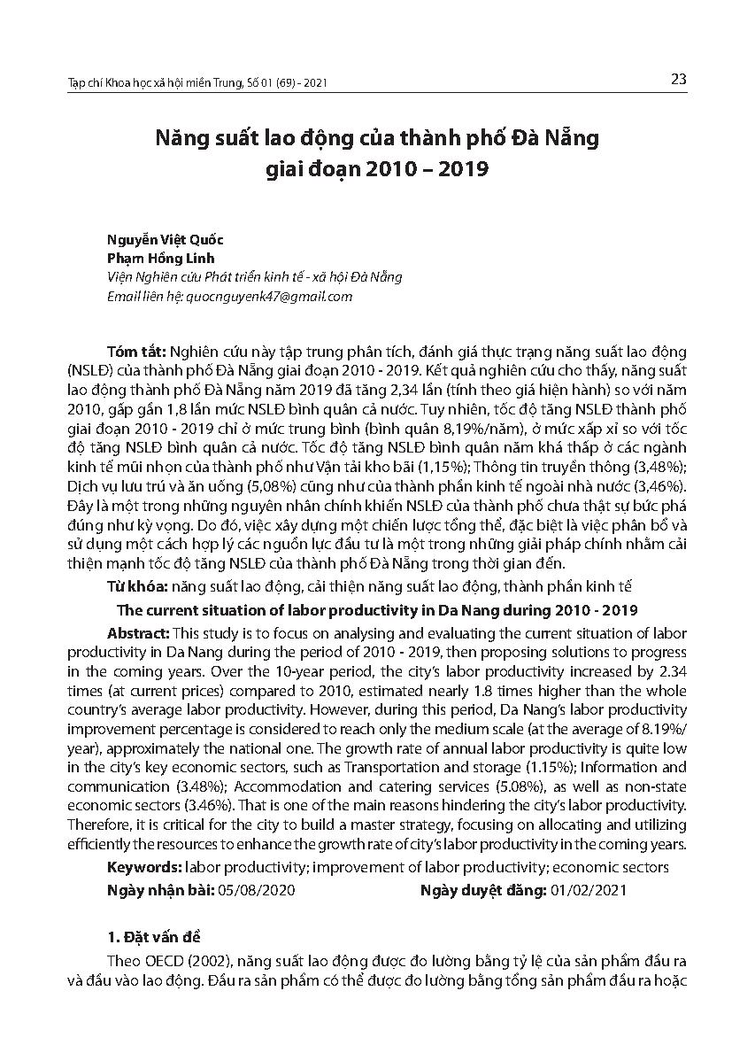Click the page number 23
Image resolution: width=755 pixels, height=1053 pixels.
[679, 79]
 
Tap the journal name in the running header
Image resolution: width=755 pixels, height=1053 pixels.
[197, 83]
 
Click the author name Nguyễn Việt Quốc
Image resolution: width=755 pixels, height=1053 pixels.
[165, 240]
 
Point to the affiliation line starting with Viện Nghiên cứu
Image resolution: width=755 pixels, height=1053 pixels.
[254, 277]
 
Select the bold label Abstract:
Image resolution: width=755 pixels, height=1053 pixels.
[140, 633]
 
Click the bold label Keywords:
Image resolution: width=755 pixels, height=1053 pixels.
[143, 868]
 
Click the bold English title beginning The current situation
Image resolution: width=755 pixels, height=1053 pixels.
[377, 611]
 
